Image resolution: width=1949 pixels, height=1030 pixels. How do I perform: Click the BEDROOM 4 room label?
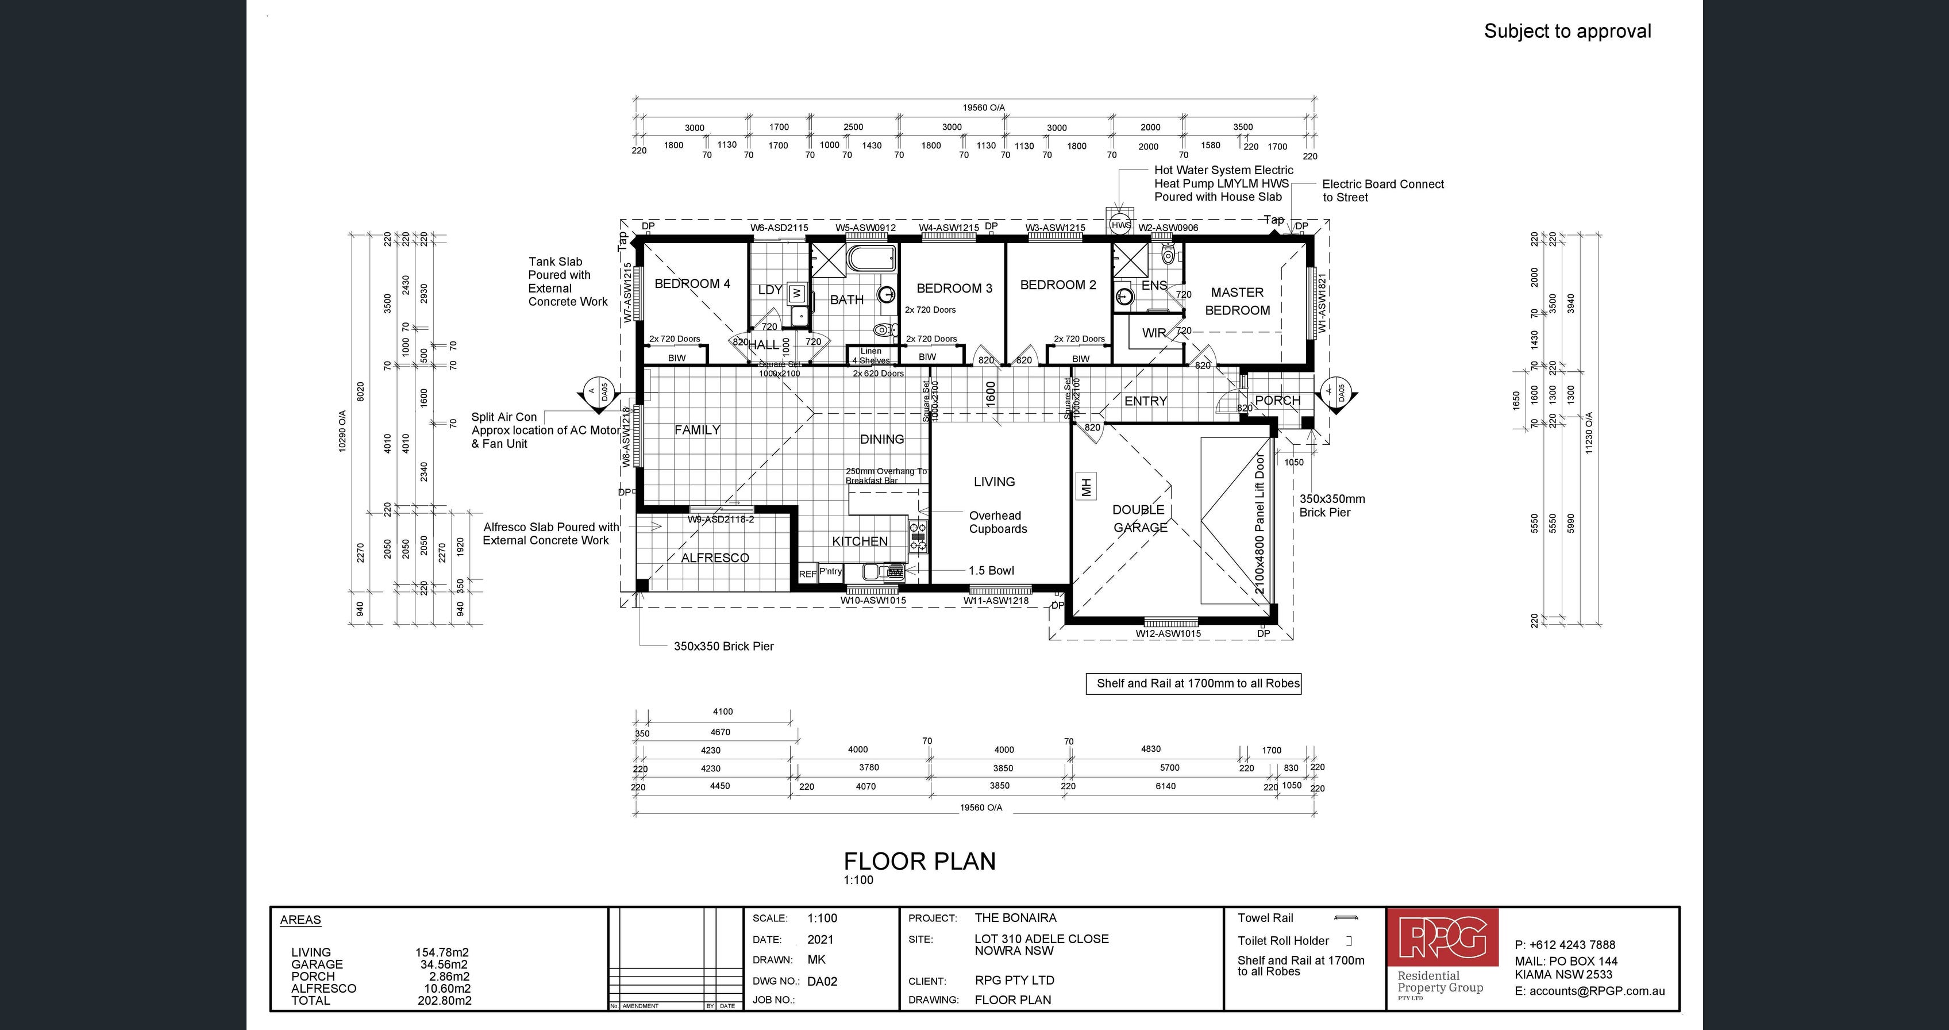point(692,284)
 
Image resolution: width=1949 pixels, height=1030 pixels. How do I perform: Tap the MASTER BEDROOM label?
point(1237,301)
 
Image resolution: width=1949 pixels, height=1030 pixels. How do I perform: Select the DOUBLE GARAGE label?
point(1139,518)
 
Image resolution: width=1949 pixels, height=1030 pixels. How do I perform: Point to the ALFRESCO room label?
point(714,558)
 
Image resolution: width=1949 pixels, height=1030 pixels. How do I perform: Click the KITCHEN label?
point(860,541)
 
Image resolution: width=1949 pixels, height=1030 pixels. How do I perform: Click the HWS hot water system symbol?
point(1120,225)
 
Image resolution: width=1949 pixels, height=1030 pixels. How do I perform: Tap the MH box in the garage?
point(1086,487)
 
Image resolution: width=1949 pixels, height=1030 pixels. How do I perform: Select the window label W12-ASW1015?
point(1168,633)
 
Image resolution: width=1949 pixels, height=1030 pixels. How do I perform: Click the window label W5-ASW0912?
point(865,228)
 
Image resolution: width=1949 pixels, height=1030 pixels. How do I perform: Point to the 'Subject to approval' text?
point(1567,31)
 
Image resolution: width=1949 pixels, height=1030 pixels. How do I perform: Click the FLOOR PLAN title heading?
point(919,861)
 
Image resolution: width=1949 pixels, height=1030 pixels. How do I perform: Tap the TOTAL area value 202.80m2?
point(444,1001)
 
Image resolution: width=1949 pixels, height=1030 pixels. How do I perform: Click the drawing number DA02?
point(822,982)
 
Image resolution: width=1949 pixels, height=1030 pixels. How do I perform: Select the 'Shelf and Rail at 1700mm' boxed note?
point(1194,683)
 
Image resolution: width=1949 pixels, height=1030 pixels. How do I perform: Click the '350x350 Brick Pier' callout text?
point(723,646)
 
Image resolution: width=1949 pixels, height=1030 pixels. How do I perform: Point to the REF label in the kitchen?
point(807,574)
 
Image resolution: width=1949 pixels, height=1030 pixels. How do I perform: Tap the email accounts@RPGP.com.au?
point(1596,991)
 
